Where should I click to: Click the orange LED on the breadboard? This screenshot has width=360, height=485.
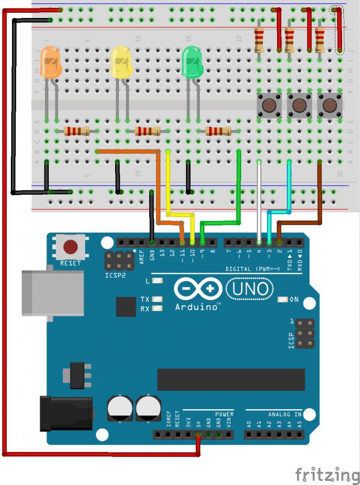(x=51, y=63)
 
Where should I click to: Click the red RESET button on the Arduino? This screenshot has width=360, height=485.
(x=71, y=247)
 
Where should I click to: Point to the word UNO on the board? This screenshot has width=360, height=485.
(x=251, y=288)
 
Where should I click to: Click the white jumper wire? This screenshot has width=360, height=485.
(x=259, y=199)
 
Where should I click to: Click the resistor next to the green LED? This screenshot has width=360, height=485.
(x=218, y=131)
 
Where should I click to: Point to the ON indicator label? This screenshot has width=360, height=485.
(x=294, y=299)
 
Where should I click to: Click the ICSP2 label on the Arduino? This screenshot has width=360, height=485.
(x=116, y=274)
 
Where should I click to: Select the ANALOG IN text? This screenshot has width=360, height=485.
(x=284, y=414)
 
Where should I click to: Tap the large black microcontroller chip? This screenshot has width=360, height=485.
(x=230, y=379)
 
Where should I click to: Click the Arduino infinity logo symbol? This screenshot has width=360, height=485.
(x=198, y=288)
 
